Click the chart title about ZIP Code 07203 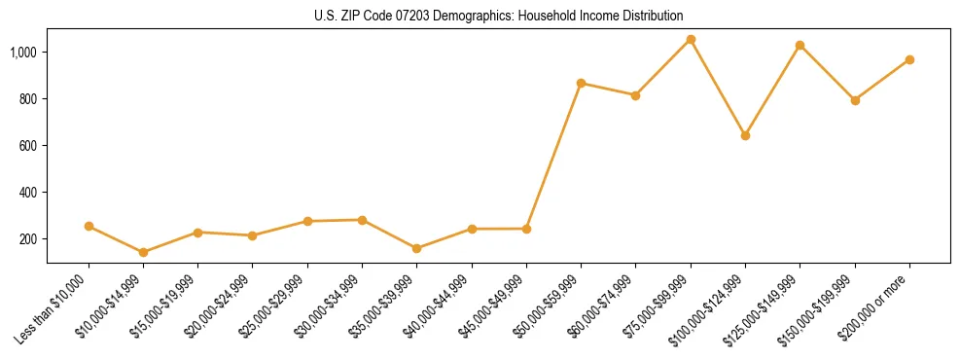point(498,17)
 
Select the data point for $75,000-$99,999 point(691,40)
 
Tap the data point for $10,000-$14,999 point(143,252)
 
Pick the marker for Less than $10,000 point(89,226)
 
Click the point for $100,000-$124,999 point(745,135)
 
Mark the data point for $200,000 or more point(909,59)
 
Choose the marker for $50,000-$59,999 point(581,84)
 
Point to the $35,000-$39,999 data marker point(416,248)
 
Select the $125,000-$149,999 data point point(800,45)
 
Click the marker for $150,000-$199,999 point(855,100)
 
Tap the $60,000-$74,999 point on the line point(635,95)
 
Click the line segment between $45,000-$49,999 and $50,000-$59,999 point(553,156)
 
